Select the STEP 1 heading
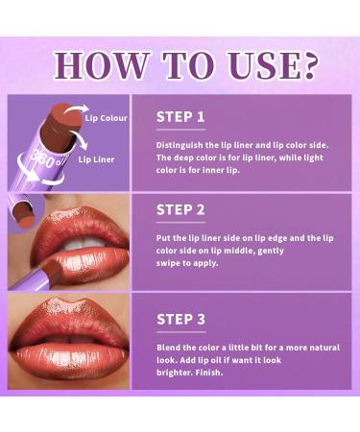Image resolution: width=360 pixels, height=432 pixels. [180, 117]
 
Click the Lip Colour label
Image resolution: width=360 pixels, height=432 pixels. [105, 118]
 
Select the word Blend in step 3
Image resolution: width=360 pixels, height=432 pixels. [168, 347]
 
